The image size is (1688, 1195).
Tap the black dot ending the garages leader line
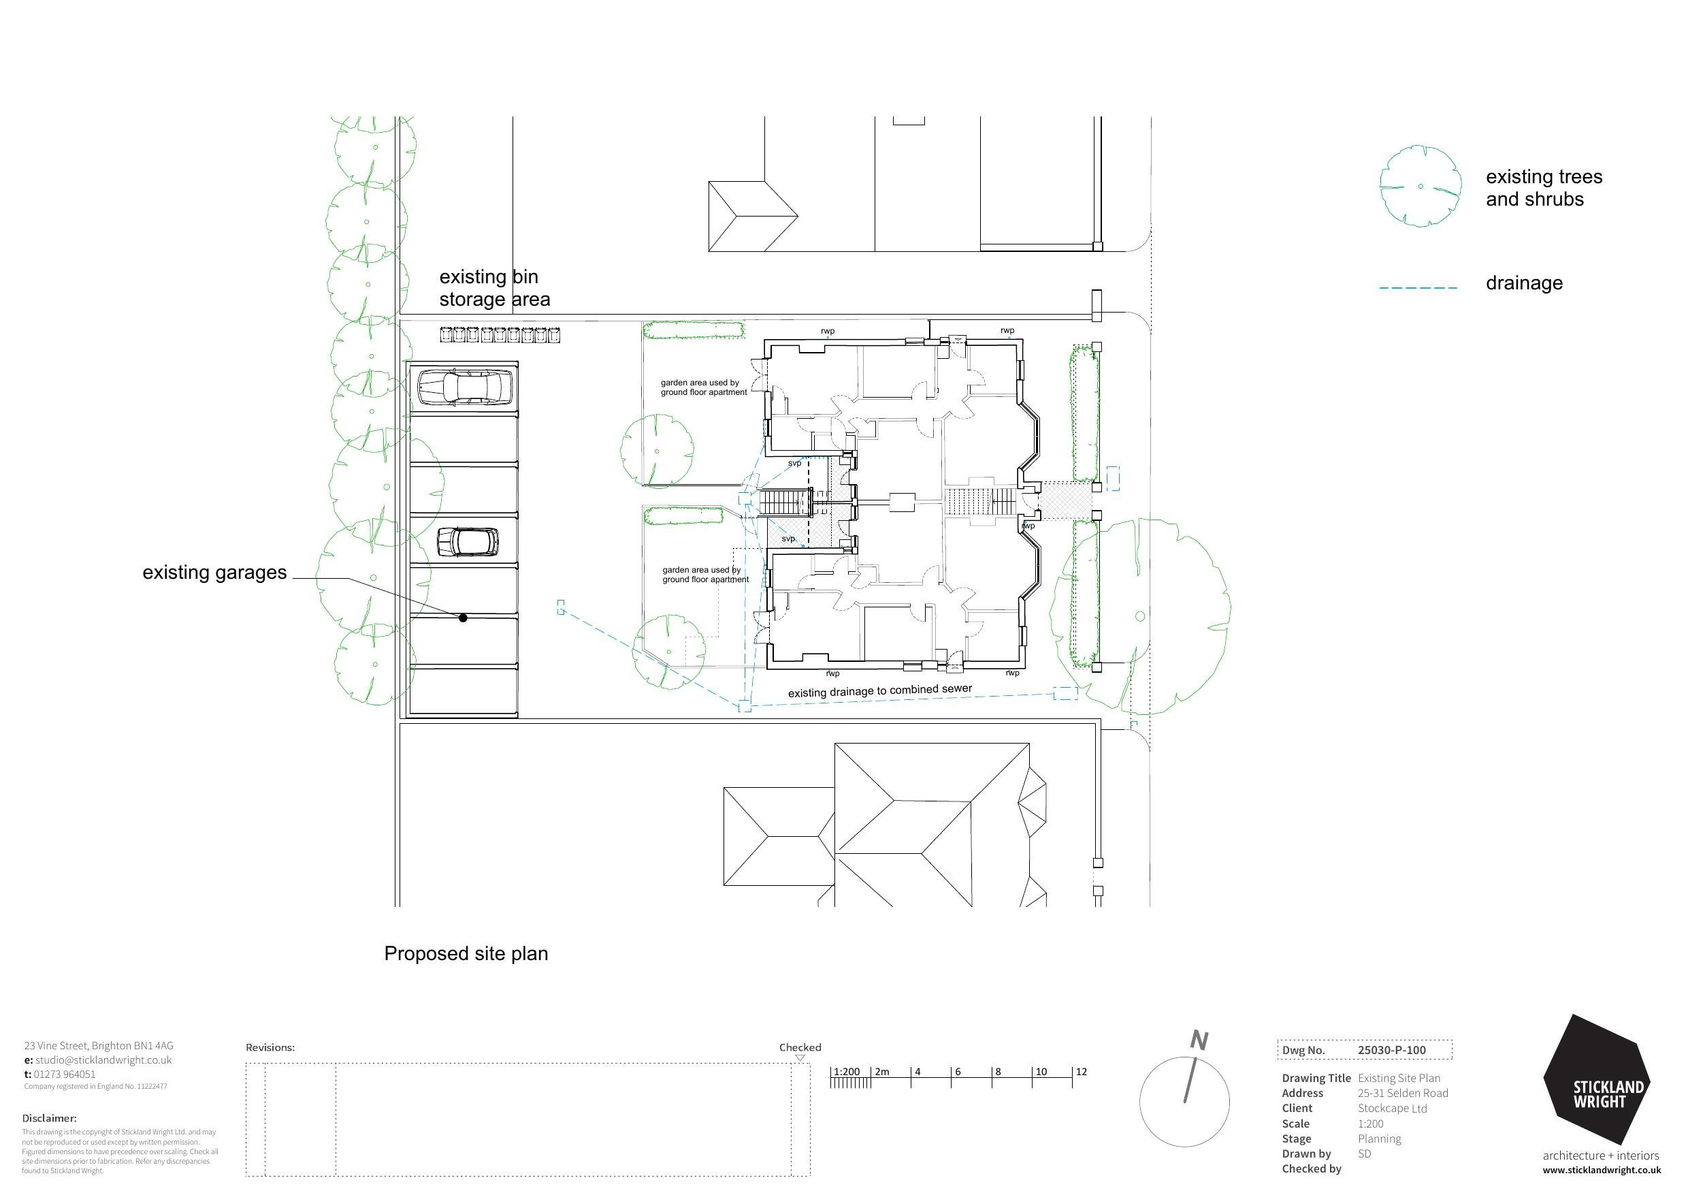(x=463, y=618)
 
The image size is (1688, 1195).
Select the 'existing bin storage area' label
(x=494, y=288)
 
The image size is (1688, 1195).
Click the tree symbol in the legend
(x=1420, y=186)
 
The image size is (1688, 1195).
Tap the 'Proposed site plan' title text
(x=466, y=954)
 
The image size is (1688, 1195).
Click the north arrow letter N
(x=1199, y=1040)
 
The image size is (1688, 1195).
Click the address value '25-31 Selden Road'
(x=1403, y=1094)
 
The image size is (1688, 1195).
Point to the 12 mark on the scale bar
(x=1080, y=1072)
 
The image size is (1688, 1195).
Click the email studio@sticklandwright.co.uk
(x=103, y=1060)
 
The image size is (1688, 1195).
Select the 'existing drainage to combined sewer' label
(x=879, y=691)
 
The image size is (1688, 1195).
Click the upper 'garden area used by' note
(x=703, y=388)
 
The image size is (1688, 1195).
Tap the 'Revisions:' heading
(x=270, y=1048)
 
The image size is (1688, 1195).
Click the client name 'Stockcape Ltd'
(x=1392, y=1109)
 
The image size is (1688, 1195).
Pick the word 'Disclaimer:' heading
(x=49, y=1119)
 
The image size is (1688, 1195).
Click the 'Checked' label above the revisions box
(x=800, y=1048)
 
